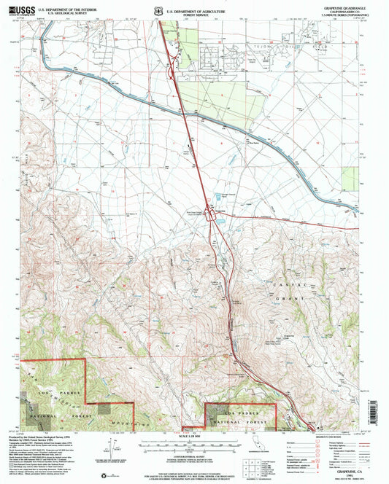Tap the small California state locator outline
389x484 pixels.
(x=263, y=442)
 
